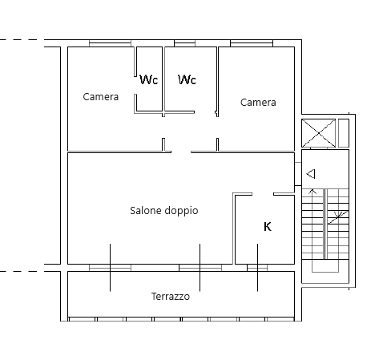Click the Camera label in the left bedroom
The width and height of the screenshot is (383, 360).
[101, 97]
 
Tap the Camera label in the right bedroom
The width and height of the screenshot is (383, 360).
[258, 103]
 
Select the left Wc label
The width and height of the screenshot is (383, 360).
[149, 79]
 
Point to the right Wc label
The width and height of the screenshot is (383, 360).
[187, 79]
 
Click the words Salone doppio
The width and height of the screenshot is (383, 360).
[164, 211]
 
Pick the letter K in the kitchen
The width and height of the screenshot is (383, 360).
[268, 227]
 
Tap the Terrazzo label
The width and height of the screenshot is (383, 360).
[171, 297]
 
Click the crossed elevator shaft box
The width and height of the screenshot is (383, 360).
[318, 133]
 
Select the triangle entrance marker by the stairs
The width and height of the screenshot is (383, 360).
[311, 174]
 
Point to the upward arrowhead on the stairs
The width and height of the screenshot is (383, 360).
[312, 192]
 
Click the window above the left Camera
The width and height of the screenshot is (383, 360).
[110, 43]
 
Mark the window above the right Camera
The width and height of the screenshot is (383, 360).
[252, 43]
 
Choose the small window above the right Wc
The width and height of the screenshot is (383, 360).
[184, 43]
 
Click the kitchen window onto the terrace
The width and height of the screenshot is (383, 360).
[257, 268]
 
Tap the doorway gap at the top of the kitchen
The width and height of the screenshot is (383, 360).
[263, 194]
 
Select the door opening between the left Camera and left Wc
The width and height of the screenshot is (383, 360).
[135, 85]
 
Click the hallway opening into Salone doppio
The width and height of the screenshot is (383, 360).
[181, 152]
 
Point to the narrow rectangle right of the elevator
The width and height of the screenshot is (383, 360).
[344, 133]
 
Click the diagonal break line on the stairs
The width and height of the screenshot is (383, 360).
[338, 217]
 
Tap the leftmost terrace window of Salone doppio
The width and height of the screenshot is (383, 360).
[110, 268]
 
